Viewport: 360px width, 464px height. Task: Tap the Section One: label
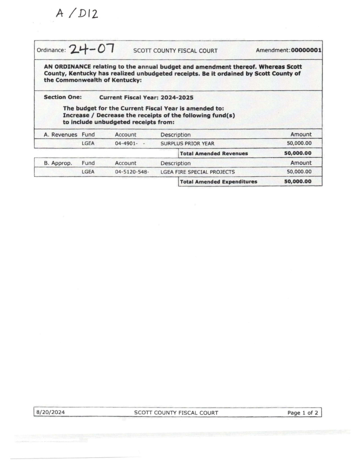(x=63, y=97)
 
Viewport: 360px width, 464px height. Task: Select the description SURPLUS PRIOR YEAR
(x=187, y=144)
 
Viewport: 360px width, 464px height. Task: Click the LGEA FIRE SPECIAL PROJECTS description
(x=198, y=172)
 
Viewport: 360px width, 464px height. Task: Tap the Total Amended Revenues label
(x=214, y=153)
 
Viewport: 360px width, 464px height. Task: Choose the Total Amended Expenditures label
(x=218, y=182)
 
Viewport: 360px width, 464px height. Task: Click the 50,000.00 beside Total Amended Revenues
(x=298, y=153)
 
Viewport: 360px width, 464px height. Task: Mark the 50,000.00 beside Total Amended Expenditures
(x=298, y=182)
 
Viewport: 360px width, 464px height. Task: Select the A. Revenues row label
(x=60, y=135)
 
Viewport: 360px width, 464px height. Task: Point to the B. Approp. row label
(x=58, y=163)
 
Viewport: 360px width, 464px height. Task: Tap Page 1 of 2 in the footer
(x=302, y=413)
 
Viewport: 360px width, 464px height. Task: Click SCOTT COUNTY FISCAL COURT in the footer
(x=176, y=413)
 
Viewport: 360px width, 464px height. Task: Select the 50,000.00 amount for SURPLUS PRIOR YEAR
(x=299, y=144)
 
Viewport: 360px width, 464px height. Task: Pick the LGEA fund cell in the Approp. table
(x=88, y=172)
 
